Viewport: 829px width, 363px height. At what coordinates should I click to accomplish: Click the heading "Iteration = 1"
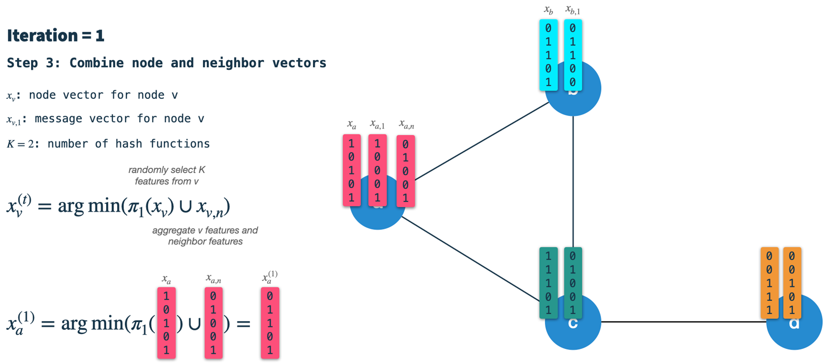55,35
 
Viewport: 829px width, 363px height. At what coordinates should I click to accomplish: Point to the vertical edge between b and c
573,181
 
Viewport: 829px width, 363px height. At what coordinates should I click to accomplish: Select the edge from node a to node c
471,259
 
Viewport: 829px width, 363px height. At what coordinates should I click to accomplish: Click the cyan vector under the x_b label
548,55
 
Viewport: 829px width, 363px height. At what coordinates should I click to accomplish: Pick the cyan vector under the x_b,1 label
573,55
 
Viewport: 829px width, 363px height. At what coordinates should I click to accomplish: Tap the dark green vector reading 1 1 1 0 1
548,283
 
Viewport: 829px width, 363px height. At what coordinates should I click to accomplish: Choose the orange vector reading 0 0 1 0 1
792,283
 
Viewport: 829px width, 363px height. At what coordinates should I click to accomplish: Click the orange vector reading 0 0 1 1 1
769,283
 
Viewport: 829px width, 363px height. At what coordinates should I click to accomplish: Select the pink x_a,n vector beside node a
405,171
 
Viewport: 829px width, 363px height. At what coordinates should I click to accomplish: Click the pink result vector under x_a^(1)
270,323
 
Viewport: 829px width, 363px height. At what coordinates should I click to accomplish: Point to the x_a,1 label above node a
377,125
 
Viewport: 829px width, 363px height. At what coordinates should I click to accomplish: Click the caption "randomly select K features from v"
166,176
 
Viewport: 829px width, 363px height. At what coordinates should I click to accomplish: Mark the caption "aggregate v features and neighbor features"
205,236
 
